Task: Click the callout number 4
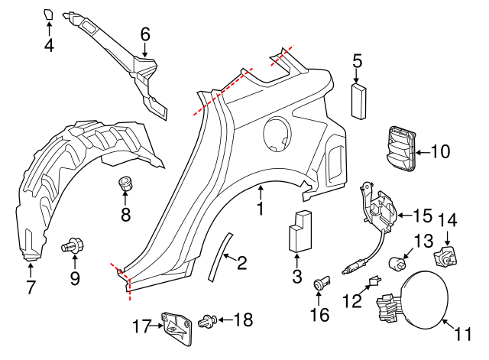49,46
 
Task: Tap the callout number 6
145,33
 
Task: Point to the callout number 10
441,151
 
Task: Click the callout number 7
31,288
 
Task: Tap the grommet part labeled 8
125,184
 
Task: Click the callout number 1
260,209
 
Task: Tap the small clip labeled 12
374,282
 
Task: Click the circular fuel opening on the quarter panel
277,135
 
